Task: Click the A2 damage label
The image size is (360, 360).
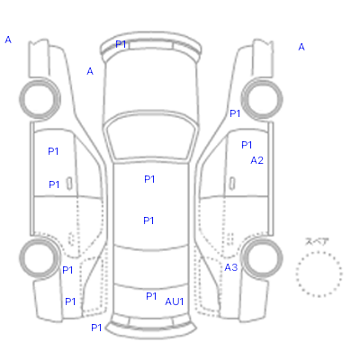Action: point(256,160)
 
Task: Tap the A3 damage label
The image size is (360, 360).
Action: point(231,267)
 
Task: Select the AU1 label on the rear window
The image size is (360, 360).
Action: point(174,301)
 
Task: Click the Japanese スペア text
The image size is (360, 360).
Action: point(317,241)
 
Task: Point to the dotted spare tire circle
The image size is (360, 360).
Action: point(319,253)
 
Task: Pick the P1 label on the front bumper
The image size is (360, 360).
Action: point(121,44)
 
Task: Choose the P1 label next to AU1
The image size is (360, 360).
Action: point(151,296)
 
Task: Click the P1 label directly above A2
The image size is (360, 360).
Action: point(247,145)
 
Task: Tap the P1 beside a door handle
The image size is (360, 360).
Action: point(54,184)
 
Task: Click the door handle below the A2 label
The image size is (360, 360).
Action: point(232,183)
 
